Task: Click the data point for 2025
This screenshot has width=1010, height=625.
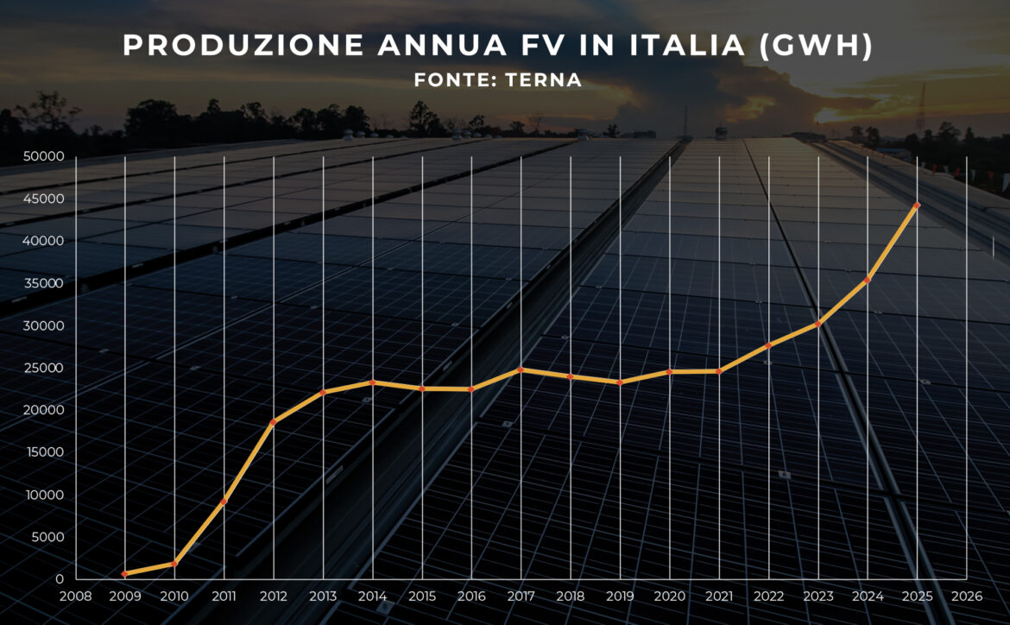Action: (917, 205)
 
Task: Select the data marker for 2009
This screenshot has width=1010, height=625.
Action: (125, 574)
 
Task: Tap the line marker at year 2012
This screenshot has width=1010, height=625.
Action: (274, 422)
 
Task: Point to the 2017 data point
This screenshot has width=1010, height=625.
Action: (521, 369)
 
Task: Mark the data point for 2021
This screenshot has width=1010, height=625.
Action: (719, 371)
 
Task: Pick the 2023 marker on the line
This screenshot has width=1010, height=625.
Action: (817, 324)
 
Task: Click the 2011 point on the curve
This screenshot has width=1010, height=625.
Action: (224, 502)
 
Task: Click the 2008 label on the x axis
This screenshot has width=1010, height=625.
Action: (76, 597)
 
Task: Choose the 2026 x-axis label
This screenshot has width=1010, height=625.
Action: (966, 597)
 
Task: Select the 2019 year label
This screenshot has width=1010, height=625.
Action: (620, 597)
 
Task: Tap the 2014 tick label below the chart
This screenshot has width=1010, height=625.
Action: (373, 597)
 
